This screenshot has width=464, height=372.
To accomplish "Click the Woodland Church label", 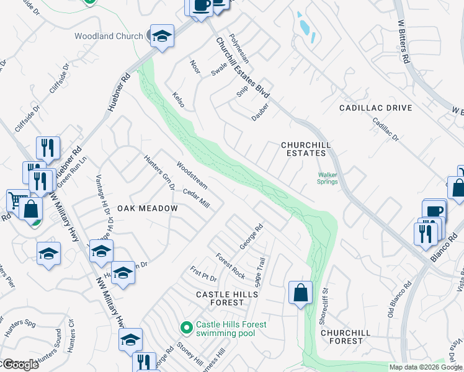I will click(109, 36).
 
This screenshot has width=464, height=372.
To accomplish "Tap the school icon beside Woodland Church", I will click(161, 36).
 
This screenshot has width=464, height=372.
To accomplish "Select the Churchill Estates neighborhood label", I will click(303, 149).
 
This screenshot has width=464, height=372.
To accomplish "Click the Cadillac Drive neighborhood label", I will click(375, 108).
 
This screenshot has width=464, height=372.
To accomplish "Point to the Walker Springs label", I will click(328, 179).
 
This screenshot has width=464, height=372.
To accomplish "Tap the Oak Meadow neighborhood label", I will click(148, 208).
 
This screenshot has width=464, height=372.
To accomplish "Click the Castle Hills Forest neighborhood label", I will click(220, 298).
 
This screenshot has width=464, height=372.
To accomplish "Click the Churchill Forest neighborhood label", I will click(346, 337).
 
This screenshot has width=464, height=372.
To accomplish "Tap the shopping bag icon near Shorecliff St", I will click(300, 292).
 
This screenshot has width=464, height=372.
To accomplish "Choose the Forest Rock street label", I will click(230, 265).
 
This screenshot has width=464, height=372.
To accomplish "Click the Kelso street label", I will click(179, 99).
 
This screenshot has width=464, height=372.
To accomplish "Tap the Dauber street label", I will click(260, 115).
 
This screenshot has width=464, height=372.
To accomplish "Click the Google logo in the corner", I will click(20, 365).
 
